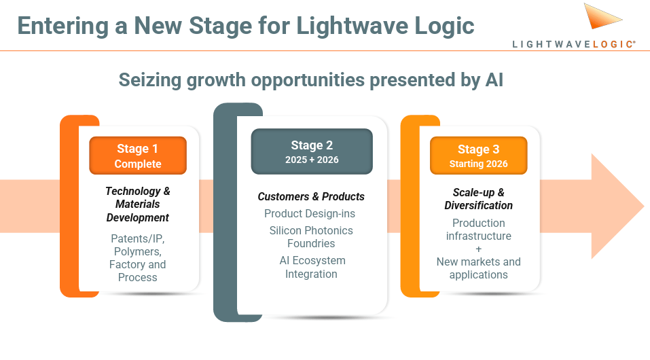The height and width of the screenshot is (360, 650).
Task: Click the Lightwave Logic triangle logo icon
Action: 600,17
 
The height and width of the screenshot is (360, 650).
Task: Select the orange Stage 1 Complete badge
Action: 138,156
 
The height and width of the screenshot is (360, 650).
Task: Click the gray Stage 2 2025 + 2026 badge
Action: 312,151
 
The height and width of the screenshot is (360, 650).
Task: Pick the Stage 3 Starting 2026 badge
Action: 478,156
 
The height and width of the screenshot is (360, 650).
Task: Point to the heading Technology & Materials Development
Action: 138,204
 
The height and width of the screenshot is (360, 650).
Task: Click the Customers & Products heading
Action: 311,196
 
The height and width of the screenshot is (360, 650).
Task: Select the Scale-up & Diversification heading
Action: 478,198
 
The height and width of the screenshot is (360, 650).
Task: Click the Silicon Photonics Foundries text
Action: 311,236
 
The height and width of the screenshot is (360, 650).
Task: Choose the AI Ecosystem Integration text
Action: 311,267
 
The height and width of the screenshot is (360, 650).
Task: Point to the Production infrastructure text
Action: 478,229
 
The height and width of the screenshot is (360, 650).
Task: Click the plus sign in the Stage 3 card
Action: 478,249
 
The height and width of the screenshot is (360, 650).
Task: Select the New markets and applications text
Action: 478,268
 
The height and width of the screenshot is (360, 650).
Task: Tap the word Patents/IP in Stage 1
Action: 138,238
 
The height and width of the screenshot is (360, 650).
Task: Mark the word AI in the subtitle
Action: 494,79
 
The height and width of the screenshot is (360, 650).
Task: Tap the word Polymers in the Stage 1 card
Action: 137,251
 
